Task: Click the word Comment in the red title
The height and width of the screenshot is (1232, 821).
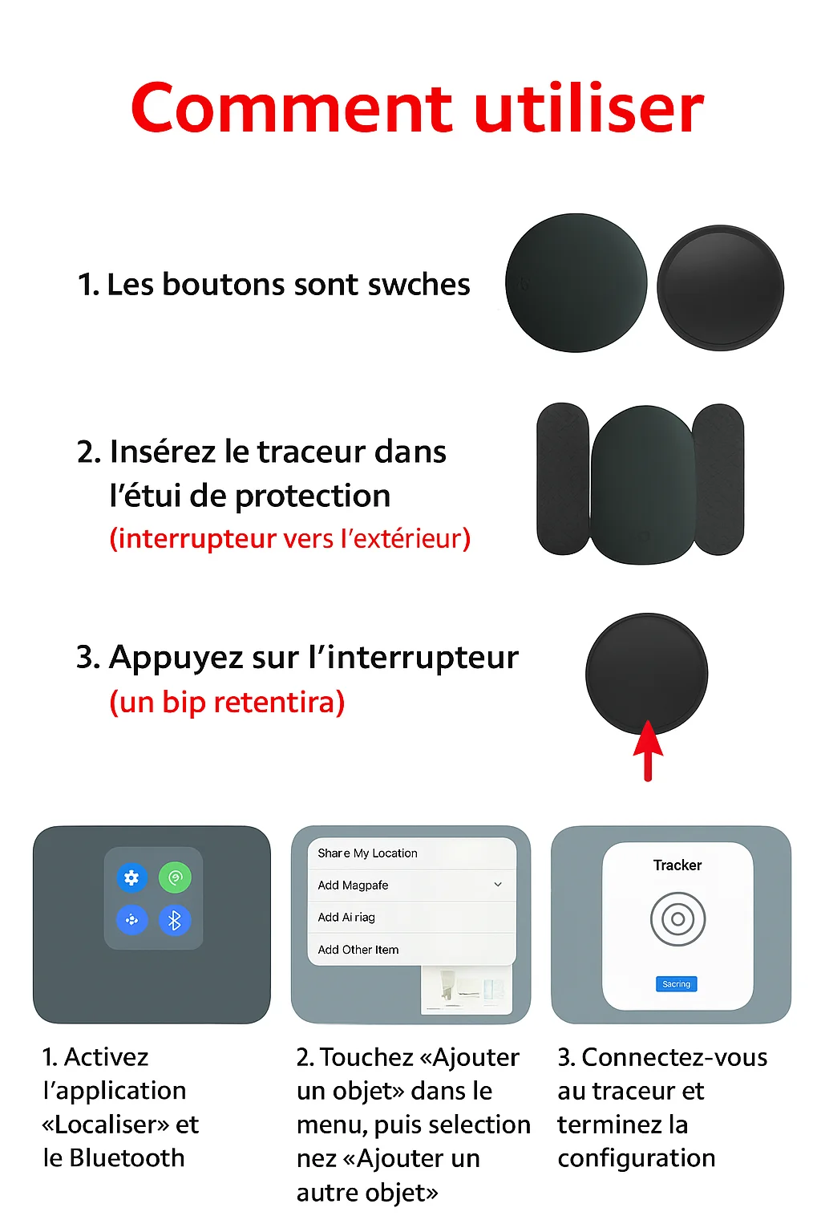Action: tap(292, 107)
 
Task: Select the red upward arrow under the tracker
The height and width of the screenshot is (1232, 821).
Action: tap(648, 750)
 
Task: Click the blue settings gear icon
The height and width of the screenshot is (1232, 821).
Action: tap(132, 877)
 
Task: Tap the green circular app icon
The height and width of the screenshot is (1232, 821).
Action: tap(175, 877)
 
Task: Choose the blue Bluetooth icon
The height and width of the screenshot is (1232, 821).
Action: tap(175, 920)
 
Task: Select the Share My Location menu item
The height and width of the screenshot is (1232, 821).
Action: tap(367, 853)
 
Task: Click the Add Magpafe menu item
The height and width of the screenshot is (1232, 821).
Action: tap(353, 885)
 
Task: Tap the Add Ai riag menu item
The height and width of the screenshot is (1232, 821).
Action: tap(346, 917)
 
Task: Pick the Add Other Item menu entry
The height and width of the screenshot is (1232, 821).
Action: tap(358, 950)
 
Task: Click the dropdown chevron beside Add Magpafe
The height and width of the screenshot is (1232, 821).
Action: tap(498, 885)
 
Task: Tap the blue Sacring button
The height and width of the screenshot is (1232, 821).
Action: tap(677, 984)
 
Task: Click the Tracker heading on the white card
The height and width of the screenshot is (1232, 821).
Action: tap(677, 865)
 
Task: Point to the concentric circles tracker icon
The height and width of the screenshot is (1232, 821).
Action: tap(677, 919)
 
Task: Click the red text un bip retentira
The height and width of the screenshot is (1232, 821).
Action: tap(227, 703)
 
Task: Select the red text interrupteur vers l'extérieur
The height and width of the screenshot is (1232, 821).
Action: tap(289, 538)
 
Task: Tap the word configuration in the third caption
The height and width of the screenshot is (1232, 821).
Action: tap(637, 1159)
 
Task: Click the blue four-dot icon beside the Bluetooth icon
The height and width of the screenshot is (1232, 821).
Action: tap(132, 920)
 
